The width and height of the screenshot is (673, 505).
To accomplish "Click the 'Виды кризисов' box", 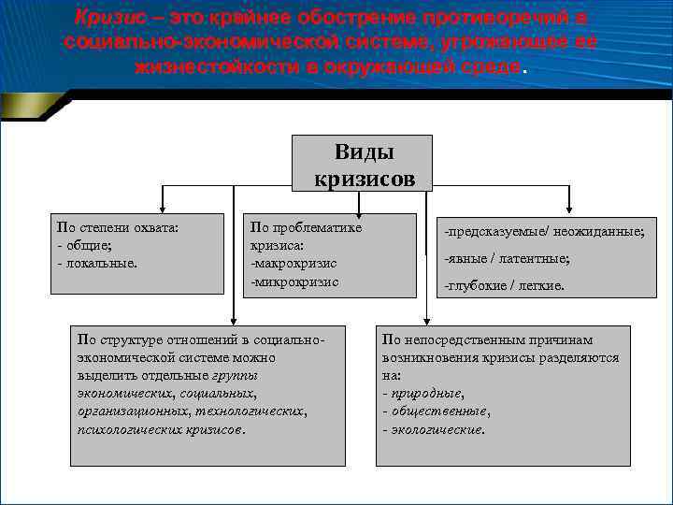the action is click(x=363, y=165).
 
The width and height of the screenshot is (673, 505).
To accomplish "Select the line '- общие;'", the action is click(x=84, y=245).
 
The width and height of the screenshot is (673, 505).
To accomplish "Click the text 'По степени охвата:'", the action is click(x=118, y=227).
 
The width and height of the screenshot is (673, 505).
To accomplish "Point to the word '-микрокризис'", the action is click(x=294, y=281).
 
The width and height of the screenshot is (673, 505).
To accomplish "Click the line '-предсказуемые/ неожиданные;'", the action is click(x=545, y=231).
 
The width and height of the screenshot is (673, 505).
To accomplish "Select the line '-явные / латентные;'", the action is click(x=508, y=258).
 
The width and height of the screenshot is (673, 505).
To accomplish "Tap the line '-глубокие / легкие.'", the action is click(x=505, y=286).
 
